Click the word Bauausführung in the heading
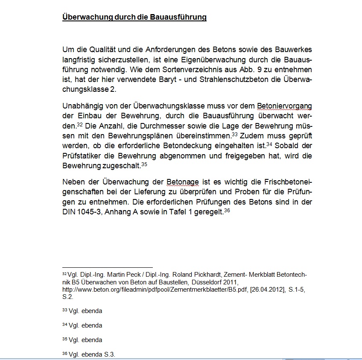[x=178, y=18]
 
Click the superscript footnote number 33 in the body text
[x=234, y=134]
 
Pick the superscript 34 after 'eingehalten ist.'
[x=269, y=144]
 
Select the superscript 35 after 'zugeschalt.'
[x=144, y=164]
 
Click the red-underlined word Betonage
[x=183, y=181]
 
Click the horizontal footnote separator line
[x=107, y=267]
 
